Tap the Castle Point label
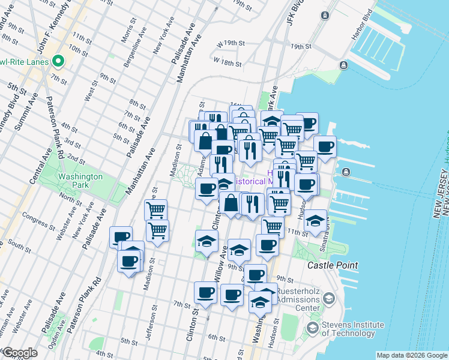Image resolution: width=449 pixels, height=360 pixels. pyautogui.click(x=333, y=265)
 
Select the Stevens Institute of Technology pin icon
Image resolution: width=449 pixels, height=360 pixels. pyautogui.click(x=312, y=328)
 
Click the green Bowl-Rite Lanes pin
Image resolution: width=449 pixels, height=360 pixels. pyautogui.click(x=59, y=61)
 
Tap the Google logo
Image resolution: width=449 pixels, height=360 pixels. pyautogui.click(x=20, y=353)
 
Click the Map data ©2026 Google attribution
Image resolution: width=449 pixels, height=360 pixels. pyautogui.click(x=412, y=355)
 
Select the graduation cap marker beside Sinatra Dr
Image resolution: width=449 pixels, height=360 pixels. pyautogui.click(x=315, y=221)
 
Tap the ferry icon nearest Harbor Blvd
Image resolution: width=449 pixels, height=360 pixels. pyautogui.click(x=343, y=65)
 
